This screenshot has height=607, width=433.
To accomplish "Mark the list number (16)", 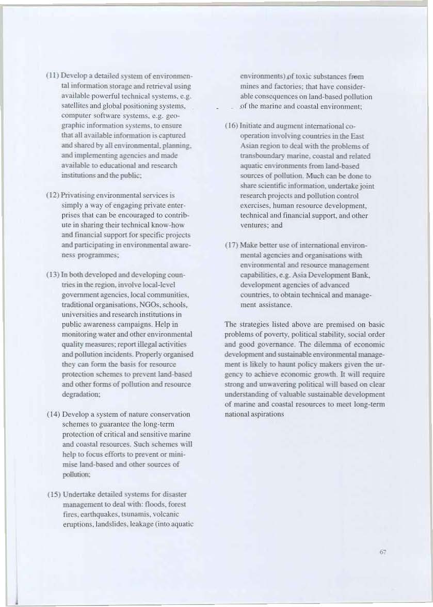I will [232, 126].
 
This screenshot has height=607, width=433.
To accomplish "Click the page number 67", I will [383, 552].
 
